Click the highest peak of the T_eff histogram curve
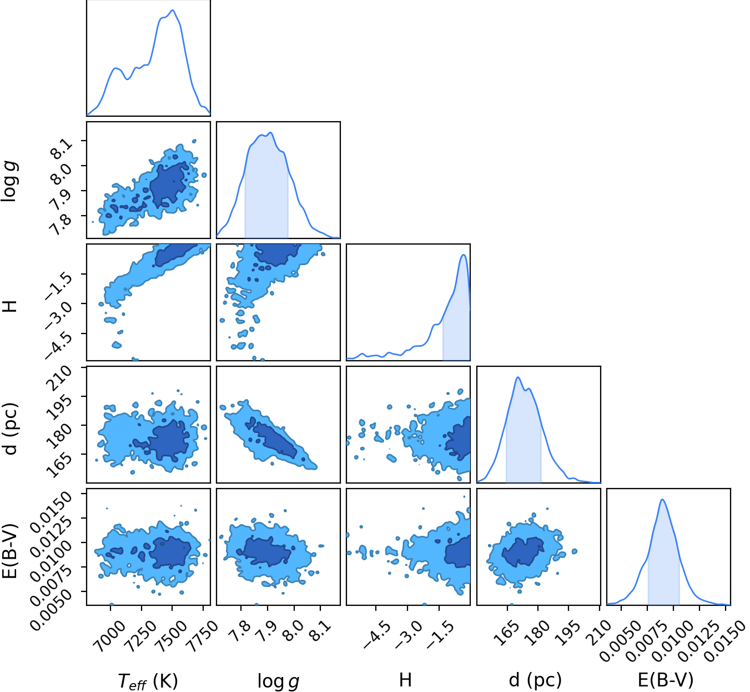coord(172,10)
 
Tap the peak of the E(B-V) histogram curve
coord(663,500)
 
